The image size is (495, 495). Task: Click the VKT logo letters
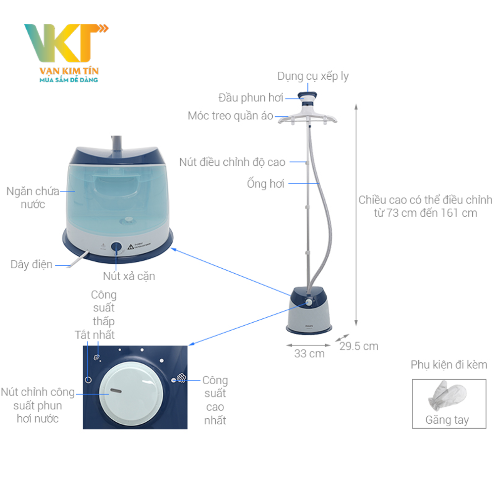[x=64, y=42]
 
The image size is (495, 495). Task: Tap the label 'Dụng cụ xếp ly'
[x=313, y=76]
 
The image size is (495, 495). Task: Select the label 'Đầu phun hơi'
[x=250, y=98]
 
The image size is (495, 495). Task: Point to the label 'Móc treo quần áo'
[x=230, y=116]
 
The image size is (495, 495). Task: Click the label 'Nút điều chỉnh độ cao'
[x=232, y=162]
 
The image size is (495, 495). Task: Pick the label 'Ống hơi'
[x=266, y=184]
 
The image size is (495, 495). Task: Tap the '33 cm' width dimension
[x=309, y=353]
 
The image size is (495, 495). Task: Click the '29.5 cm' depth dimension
[x=359, y=346]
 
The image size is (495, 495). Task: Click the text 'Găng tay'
[x=447, y=420]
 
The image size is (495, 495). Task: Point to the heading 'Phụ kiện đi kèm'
[x=449, y=365]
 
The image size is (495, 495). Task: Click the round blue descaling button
[x=117, y=247]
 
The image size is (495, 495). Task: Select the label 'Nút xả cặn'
[x=129, y=276]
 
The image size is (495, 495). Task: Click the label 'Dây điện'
[x=31, y=264]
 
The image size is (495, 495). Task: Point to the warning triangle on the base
[x=131, y=246]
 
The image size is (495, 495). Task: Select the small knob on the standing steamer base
[x=309, y=302]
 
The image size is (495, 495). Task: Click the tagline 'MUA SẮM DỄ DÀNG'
[x=69, y=79]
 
